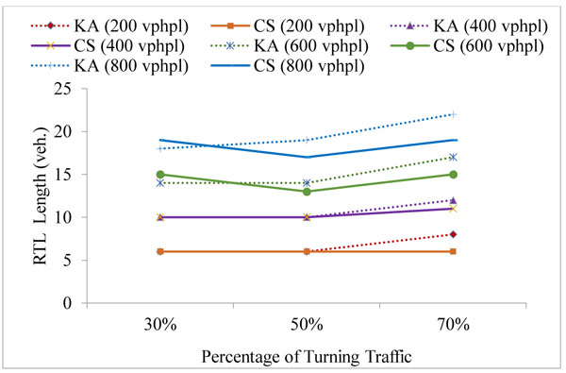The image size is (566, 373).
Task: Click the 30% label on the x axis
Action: [160, 324]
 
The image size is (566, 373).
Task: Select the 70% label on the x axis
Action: [454, 324]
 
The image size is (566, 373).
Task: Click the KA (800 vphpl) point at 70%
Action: [454, 114]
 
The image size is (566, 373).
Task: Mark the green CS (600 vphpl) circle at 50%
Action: [307, 192]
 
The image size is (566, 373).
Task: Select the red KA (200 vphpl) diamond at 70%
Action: [454, 234]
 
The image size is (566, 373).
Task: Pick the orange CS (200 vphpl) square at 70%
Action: [454, 251]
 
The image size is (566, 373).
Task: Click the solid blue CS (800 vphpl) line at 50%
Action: [307, 157]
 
